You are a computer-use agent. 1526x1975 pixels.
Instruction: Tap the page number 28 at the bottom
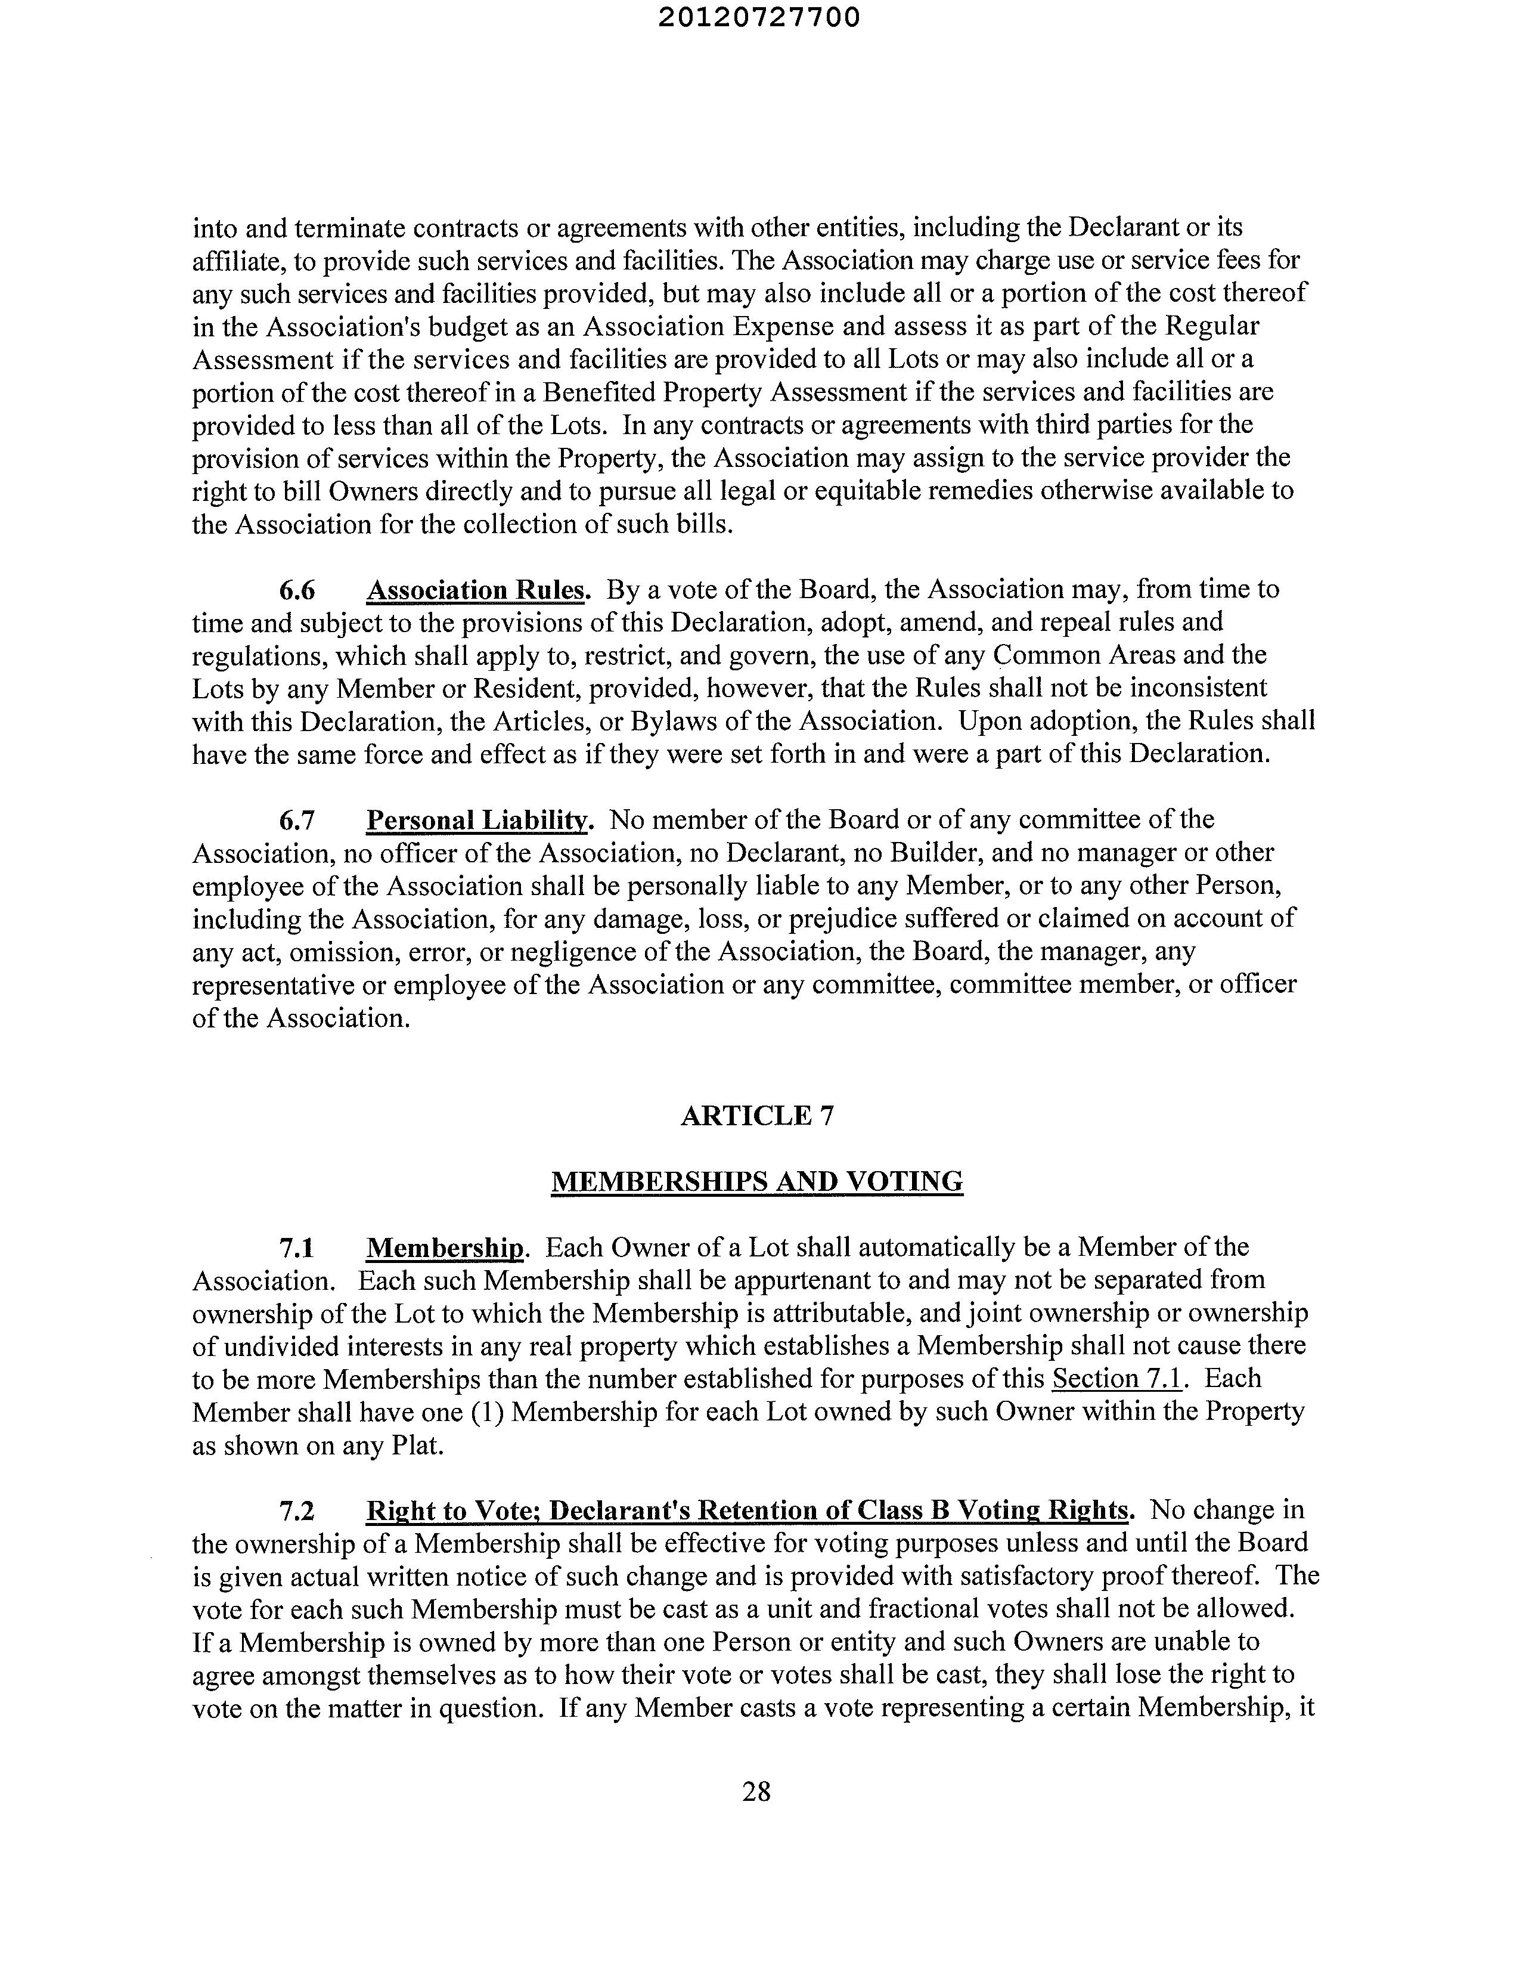(756, 1791)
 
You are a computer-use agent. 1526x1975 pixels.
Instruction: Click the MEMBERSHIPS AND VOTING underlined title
(756, 1182)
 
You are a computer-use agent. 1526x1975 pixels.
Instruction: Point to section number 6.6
(296, 590)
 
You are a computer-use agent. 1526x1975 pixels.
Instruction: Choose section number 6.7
(296, 820)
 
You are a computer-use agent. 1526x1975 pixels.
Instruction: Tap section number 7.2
(296, 1511)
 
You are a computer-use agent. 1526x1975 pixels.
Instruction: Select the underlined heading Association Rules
(476, 590)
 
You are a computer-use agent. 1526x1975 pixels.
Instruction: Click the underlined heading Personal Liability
(477, 820)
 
